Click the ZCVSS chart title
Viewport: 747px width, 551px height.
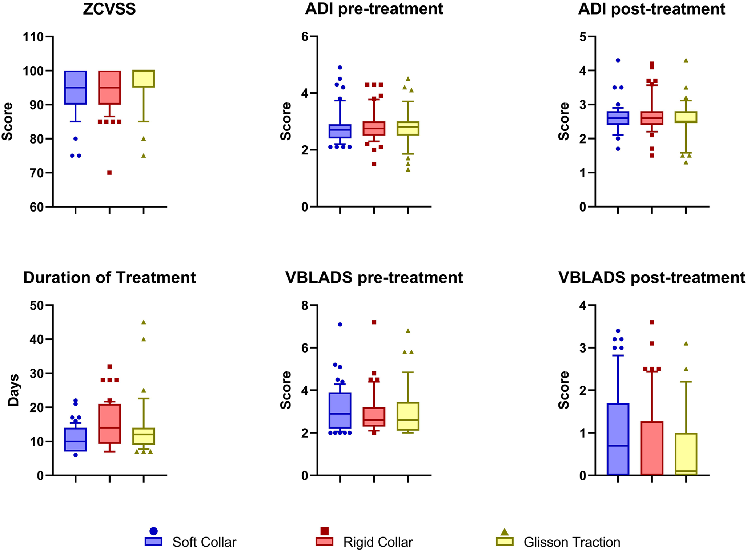pos(109,9)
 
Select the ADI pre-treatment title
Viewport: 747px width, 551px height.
pos(374,9)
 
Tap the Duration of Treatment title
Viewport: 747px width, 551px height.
pos(109,278)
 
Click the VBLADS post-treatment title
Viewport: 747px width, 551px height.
pos(651,278)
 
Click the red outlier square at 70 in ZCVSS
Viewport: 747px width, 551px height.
pos(109,173)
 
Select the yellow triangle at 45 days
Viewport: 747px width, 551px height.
pos(144,322)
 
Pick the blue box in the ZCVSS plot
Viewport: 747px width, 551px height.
pos(76,88)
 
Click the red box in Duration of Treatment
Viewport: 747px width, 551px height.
pos(109,423)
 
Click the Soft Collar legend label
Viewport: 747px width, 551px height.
pos(204,542)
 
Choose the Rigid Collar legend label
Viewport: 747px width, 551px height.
pos(378,542)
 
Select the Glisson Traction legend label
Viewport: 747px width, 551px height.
pos(572,542)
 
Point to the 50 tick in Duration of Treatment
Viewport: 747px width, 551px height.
pos(36,305)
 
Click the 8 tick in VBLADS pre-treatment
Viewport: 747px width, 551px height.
pos(305,305)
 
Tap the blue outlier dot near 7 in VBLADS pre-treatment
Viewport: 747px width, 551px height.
pos(340,325)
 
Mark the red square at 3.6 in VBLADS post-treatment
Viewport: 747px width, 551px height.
pos(652,322)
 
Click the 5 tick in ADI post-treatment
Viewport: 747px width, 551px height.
pos(583,37)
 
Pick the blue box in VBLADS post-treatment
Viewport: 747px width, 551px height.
pos(618,439)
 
